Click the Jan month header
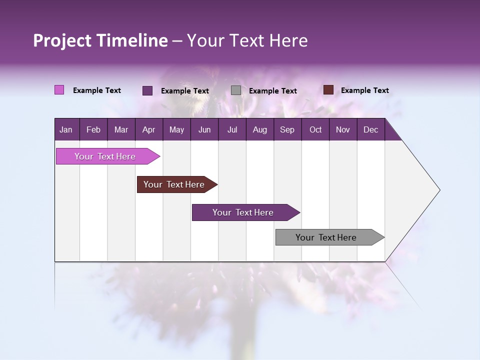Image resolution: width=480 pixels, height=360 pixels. [x=66, y=129]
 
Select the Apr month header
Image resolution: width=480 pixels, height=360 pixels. [x=148, y=129]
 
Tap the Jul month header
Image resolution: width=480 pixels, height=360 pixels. [x=232, y=129]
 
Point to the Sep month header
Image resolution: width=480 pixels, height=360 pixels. [x=287, y=129]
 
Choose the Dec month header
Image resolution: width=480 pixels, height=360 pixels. [x=370, y=129]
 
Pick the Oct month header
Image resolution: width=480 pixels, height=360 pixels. [x=315, y=129]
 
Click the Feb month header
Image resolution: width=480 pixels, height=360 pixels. [x=93, y=129]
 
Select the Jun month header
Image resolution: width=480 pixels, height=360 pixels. [x=204, y=129]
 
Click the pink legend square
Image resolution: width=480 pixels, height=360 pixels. [x=59, y=90]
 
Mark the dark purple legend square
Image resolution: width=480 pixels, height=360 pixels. [x=147, y=90]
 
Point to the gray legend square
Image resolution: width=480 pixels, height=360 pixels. [x=236, y=90]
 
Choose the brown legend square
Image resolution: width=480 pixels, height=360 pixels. [x=328, y=90]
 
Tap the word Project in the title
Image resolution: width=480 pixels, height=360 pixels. [x=62, y=40]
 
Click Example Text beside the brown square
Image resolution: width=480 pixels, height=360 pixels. [x=364, y=90]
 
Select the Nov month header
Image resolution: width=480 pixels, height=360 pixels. [x=343, y=129]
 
